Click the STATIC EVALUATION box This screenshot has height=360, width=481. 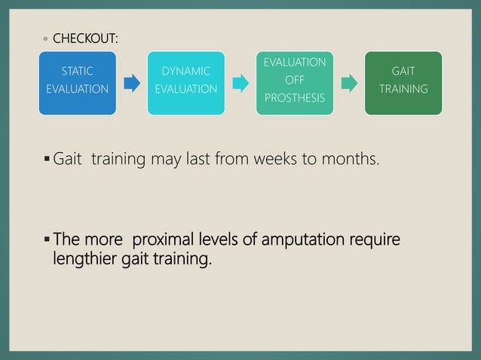tap(78, 82)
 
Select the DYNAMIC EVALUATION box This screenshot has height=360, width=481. tap(185, 82)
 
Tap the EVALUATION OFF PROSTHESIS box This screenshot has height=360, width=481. tap(295, 82)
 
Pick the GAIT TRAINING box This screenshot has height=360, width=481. tap(403, 82)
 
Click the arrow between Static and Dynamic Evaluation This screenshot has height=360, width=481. tap(132, 82)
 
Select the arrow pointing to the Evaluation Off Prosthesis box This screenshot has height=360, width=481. tap(240, 82)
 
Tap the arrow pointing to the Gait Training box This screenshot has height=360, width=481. tap(349, 82)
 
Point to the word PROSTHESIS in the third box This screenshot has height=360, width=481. tap(295, 99)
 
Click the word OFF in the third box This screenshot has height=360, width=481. tap(295, 81)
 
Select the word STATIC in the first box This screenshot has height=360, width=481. tap(78, 72)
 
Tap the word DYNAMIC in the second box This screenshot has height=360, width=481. tap(185, 72)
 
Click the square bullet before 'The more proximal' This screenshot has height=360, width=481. tap(47, 240)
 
